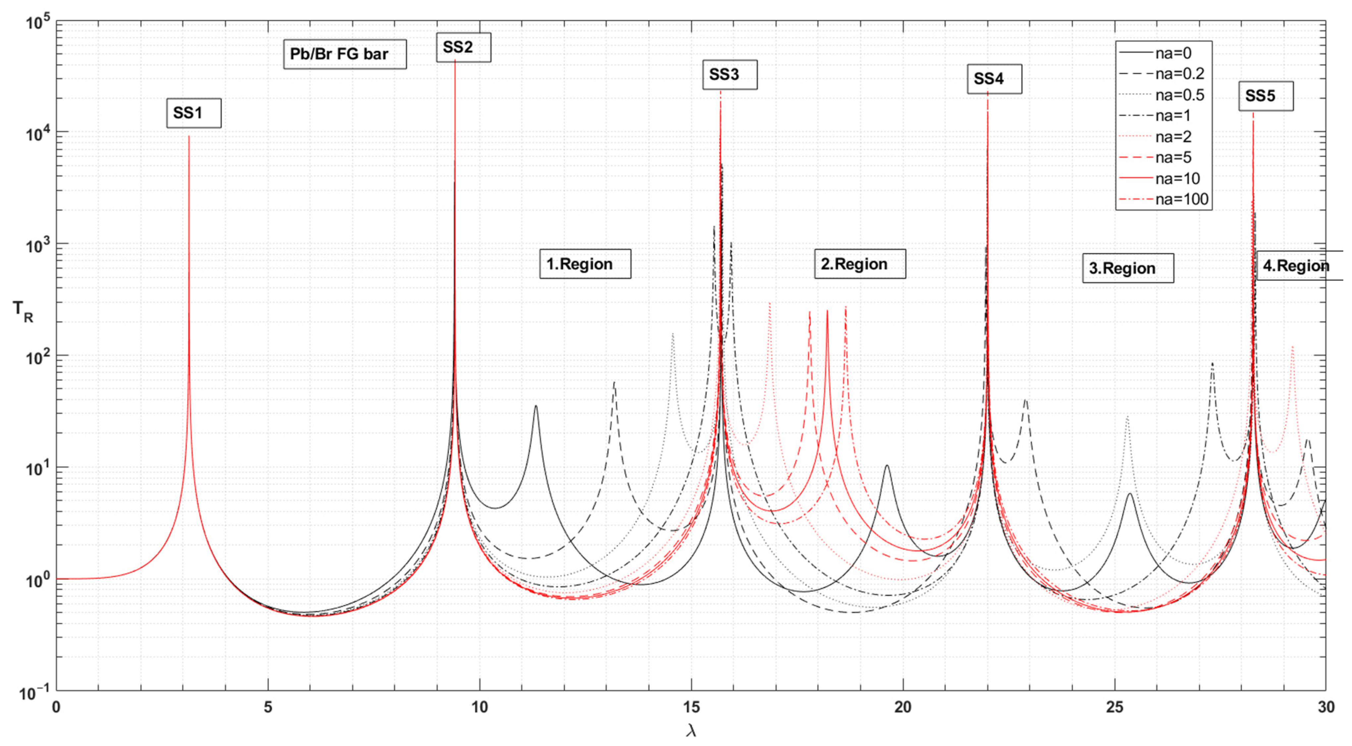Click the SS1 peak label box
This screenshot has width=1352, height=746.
(x=194, y=113)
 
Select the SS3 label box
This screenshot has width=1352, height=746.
(x=730, y=75)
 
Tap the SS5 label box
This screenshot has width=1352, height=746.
(x=1266, y=96)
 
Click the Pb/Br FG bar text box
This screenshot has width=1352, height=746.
(x=344, y=54)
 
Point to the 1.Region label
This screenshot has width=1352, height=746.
(x=585, y=264)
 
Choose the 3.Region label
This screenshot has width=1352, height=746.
(x=1127, y=268)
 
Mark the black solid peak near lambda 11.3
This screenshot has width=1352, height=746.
(x=536, y=406)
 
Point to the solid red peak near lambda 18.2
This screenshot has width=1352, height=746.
(x=827, y=311)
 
